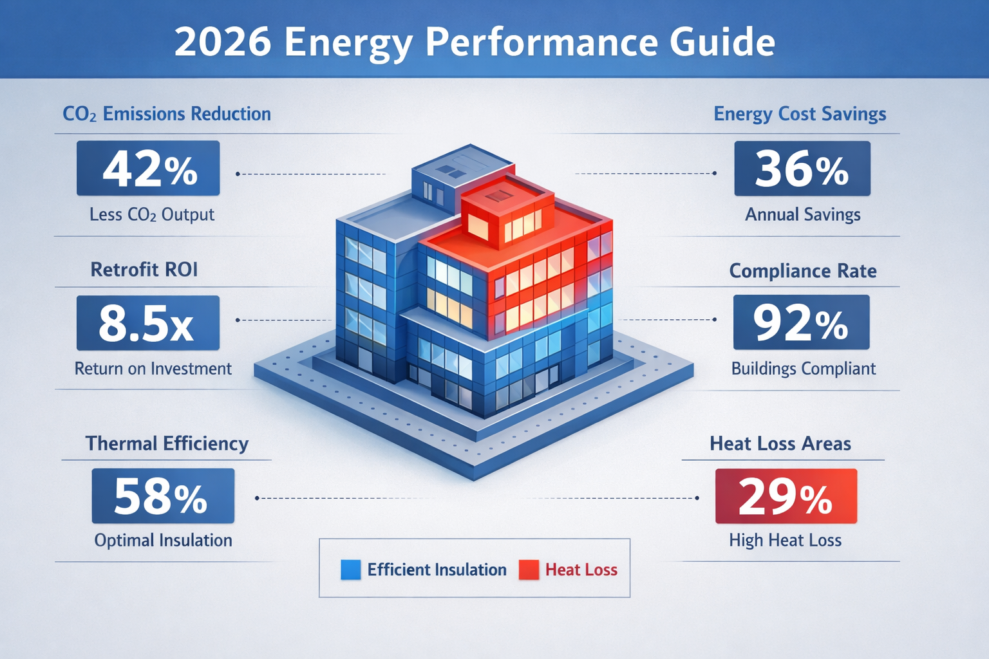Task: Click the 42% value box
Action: pyautogui.click(x=148, y=169)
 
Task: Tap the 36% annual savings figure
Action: pyautogui.click(x=802, y=169)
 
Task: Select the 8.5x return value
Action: pyautogui.click(x=148, y=323)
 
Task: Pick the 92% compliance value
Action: pyautogui.click(x=801, y=322)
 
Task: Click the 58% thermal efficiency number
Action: pyautogui.click(x=163, y=496)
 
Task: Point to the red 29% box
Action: pyautogui.click(x=786, y=496)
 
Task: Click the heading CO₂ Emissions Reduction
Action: pyautogui.click(x=167, y=114)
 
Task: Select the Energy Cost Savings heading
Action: pyautogui.click(x=800, y=114)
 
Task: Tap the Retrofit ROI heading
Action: pyautogui.click(x=144, y=269)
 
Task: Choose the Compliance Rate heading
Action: pyautogui.click(x=803, y=271)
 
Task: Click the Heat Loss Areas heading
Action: pyautogui.click(x=780, y=443)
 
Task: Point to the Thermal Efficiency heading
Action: pyautogui.click(x=167, y=443)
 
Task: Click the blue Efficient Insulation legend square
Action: pyautogui.click(x=350, y=570)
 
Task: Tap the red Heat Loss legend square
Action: pyautogui.click(x=529, y=570)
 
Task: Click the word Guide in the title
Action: pyautogui.click(x=722, y=42)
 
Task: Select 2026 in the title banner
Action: pyautogui.click(x=223, y=42)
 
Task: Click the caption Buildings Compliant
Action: pyautogui.click(x=803, y=369)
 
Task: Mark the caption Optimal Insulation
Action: pyautogui.click(x=163, y=540)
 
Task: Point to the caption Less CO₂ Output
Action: pyautogui.click(x=152, y=214)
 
